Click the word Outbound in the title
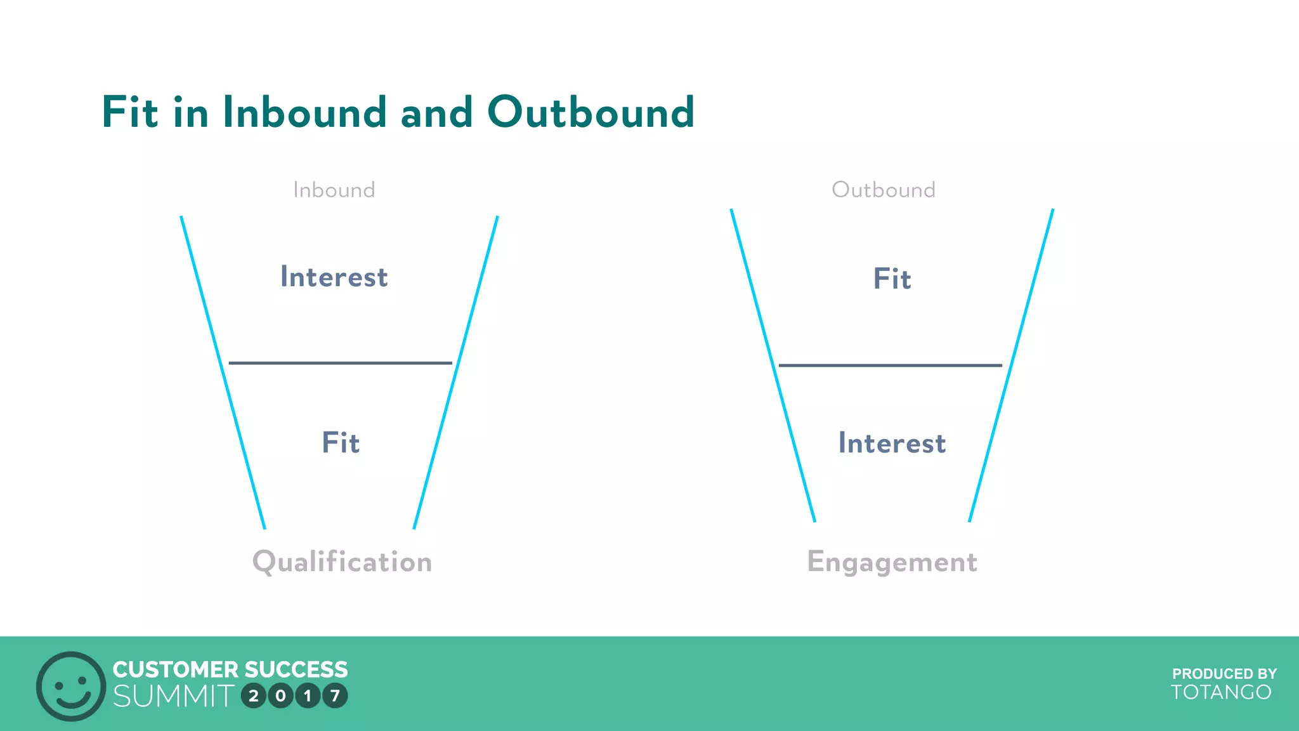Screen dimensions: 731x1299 (591, 112)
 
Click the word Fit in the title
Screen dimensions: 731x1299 (129, 112)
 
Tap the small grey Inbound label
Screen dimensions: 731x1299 (334, 190)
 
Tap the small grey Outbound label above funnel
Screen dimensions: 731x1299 (883, 190)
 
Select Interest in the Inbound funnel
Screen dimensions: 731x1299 (334, 277)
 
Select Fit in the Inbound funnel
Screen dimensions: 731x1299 (341, 442)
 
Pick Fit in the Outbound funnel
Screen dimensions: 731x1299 (892, 279)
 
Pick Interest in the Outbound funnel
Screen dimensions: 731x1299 (892, 443)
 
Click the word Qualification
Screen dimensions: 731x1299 (342, 562)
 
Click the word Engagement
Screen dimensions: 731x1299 (892, 562)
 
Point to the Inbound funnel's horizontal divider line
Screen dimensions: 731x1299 (340, 363)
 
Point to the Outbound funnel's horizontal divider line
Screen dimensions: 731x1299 (890, 365)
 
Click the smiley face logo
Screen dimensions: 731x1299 (71, 686)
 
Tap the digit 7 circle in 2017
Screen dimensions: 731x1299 (335, 696)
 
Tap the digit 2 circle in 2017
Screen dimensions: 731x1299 (254, 696)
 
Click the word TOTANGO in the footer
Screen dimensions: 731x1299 (1221, 692)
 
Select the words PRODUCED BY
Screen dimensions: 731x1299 (1224, 674)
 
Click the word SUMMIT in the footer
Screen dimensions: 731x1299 (174, 696)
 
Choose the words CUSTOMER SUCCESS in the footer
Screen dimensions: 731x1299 (230, 669)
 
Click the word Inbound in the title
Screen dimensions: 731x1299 (304, 112)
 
